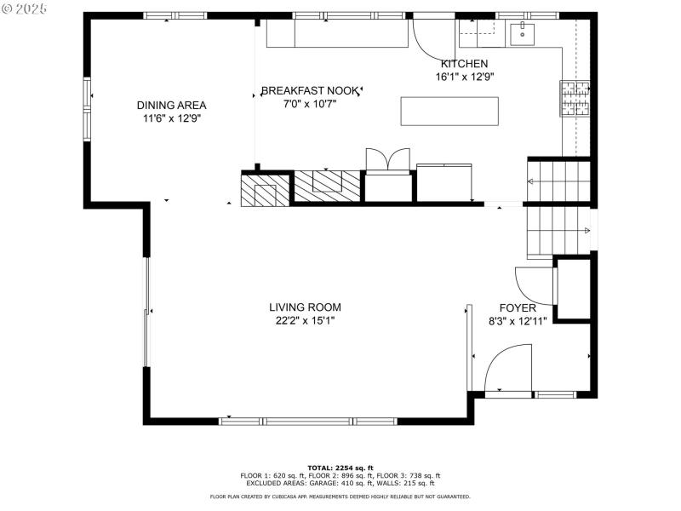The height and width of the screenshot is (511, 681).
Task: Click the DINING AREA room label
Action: [x=171, y=105]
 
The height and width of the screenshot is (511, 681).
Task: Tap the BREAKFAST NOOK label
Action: [x=310, y=90]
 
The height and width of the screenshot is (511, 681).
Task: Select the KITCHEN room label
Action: [x=464, y=64]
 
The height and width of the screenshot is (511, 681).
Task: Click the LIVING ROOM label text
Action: [x=305, y=307]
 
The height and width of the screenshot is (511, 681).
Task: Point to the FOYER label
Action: [x=517, y=308]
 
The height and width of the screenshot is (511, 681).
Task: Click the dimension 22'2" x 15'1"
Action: [x=305, y=321]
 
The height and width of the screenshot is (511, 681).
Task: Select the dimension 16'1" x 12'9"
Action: [x=464, y=77]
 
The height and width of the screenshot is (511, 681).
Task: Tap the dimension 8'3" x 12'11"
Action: [x=518, y=322]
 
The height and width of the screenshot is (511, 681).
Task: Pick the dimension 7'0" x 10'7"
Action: [x=310, y=104]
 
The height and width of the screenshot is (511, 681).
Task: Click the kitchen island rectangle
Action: [x=449, y=112]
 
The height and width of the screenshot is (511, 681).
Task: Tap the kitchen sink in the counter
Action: [x=521, y=35]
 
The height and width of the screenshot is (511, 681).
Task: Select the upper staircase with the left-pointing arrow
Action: [x=558, y=181]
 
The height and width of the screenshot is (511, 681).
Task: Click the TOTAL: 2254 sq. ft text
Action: [x=340, y=468]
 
